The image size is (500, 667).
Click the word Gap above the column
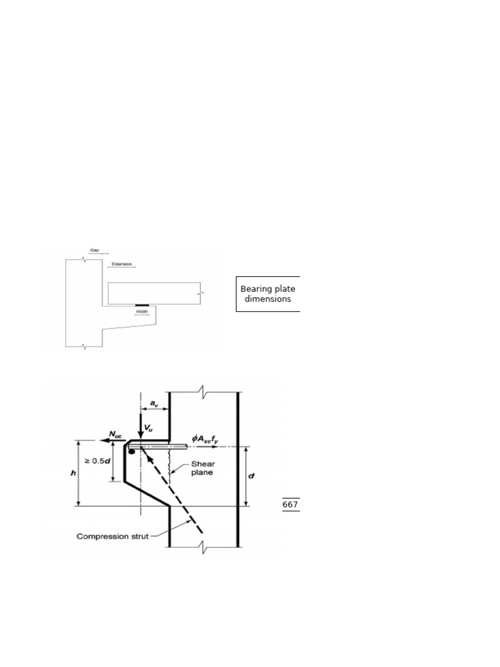click(95, 249)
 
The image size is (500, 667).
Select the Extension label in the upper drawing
click(121, 264)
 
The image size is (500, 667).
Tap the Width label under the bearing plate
click(142, 311)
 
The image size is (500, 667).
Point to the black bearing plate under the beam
click(142, 304)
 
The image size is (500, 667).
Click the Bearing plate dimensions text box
click(268, 294)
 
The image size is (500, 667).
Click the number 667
click(291, 505)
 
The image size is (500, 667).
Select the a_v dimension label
click(154, 404)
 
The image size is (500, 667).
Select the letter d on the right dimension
click(251, 476)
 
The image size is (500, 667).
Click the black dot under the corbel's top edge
click(132, 452)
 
